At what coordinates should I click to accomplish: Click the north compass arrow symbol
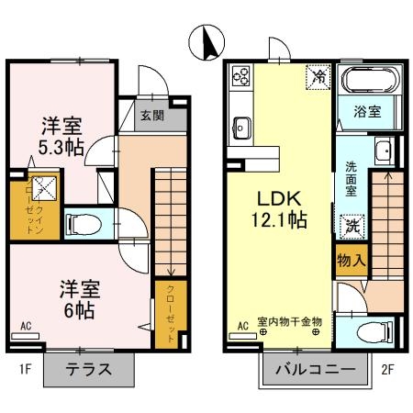point(206,42)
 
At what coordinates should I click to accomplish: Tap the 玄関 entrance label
point(152,116)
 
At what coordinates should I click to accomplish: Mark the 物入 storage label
point(352,260)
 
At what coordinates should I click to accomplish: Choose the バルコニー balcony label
point(315,371)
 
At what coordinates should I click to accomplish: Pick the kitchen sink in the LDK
point(243,125)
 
